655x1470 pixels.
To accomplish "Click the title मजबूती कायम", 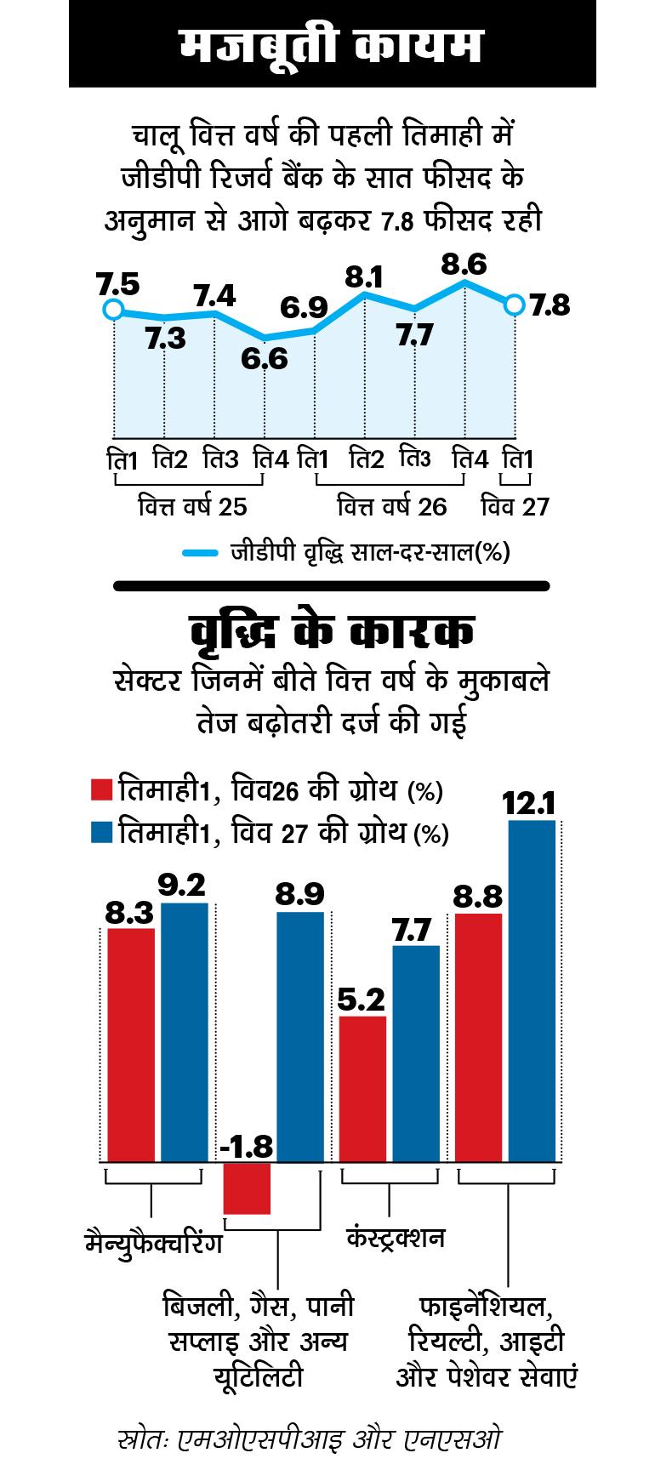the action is (x=332, y=45).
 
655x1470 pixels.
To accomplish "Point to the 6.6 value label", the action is (x=264, y=359).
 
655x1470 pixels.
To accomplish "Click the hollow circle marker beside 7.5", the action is (x=112, y=310).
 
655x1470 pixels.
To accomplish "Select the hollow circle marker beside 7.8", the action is (x=514, y=305).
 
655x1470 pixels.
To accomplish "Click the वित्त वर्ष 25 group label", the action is (x=192, y=507).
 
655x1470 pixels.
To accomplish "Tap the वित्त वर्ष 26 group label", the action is (x=391, y=507).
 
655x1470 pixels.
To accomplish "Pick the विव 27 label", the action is (x=515, y=507).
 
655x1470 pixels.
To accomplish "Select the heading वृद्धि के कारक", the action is (x=332, y=634).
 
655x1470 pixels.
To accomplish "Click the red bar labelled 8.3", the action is (x=131, y=1045).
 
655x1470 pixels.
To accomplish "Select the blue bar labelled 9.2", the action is (x=185, y=1032).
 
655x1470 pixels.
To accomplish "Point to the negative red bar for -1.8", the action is (x=247, y=1188).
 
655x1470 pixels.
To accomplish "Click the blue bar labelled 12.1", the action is (x=532, y=991).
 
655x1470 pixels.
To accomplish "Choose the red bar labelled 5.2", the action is (x=363, y=1089).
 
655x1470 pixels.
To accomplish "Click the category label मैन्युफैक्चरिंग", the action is (x=153, y=1244).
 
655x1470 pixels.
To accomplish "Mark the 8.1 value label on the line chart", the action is (x=364, y=277).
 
